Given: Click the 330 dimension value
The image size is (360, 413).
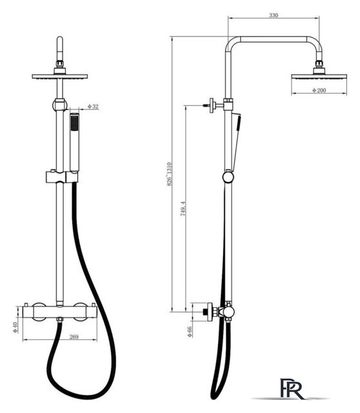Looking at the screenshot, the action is click(274, 15).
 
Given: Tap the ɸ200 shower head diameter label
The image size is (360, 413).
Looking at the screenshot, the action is click(319, 90).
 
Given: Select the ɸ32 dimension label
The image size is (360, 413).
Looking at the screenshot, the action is click(93, 106).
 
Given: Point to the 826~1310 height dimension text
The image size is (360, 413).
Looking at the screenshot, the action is click(169, 174).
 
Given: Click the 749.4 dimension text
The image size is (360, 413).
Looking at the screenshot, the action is click(183, 209).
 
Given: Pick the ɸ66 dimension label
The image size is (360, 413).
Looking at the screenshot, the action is click(189, 332).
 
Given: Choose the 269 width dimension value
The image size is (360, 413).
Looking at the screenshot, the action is click(74, 337).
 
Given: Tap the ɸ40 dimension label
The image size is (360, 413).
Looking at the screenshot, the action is click(15, 327).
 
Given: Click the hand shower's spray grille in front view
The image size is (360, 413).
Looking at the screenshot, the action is click(75, 123).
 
